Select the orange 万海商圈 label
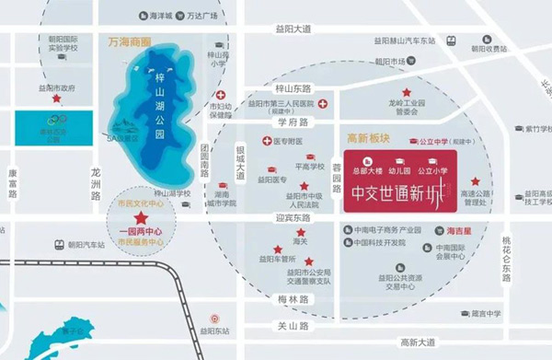tap(130, 43)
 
